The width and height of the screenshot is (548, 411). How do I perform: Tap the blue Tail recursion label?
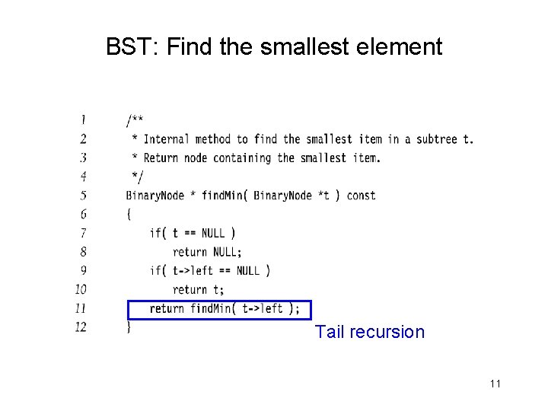tap(370, 332)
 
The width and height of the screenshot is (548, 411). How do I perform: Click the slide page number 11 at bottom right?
tap(495, 384)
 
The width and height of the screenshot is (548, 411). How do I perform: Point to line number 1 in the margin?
tap(82, 119)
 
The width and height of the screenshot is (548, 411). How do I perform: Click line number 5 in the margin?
tap(82, 195)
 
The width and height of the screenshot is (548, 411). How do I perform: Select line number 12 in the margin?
tap(81, 327)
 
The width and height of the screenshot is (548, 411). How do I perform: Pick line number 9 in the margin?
tap(82, 270)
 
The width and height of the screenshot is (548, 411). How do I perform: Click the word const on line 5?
tap(361, 196)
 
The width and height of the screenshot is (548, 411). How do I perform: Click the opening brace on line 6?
tap(129, 214)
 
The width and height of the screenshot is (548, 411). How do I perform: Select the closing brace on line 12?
tap(129, 327)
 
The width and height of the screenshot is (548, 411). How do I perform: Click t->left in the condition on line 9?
tap(193, 271)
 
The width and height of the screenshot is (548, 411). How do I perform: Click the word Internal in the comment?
tap(167, 139)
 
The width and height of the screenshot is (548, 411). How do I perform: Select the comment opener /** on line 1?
tap(134, 120)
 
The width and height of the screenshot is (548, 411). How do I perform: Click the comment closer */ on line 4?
tap(136, 177)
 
